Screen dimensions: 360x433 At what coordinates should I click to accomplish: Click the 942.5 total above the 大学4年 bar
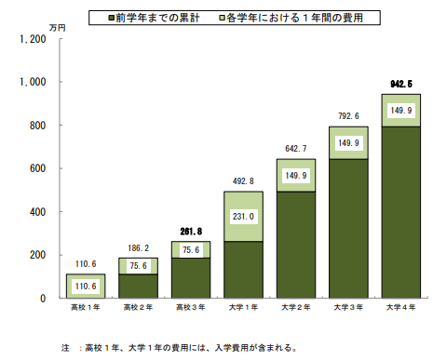pyautogui.click(x=400, y=84)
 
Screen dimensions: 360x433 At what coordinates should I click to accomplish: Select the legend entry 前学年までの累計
pyautogui.click(x=156, y=18)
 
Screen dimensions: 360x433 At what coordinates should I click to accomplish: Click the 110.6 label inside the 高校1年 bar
pyautogui.click(x=84, y=287)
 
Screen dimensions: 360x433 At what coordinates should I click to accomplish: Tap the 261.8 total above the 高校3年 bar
pyautogui.click(x=190, y=230)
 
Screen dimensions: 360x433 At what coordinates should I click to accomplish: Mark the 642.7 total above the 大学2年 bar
pyautogui.click(x=295, y=148)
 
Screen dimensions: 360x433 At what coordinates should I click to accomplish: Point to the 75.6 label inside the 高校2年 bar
pyautogui.click(x=137, y=265)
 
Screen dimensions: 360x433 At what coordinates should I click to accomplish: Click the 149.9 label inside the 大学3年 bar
pyautogui.click(x=348, y=142)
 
